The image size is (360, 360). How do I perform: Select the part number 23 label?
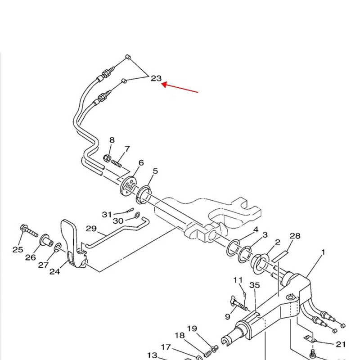[x=156, y=78]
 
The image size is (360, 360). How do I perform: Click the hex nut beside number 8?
[x=108, y=158]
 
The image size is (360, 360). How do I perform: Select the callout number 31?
[x=106, y=214]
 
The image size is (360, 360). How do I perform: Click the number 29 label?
[x=91, y=229]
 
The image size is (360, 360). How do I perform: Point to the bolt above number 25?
[x=28, y=231]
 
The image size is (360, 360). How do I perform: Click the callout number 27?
[x=43, y=265]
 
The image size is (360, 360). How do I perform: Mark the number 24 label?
[x=54, y=271]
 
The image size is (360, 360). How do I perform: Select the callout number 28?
[x=295, y=236]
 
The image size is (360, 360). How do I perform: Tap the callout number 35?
[x=255, y=285]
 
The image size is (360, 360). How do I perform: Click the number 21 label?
[x=341, y=344]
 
